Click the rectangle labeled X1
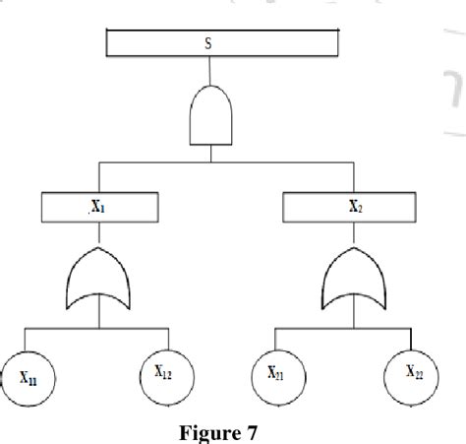coord(100,208)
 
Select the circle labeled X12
coord(163,372)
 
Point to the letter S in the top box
coord(207,43)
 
